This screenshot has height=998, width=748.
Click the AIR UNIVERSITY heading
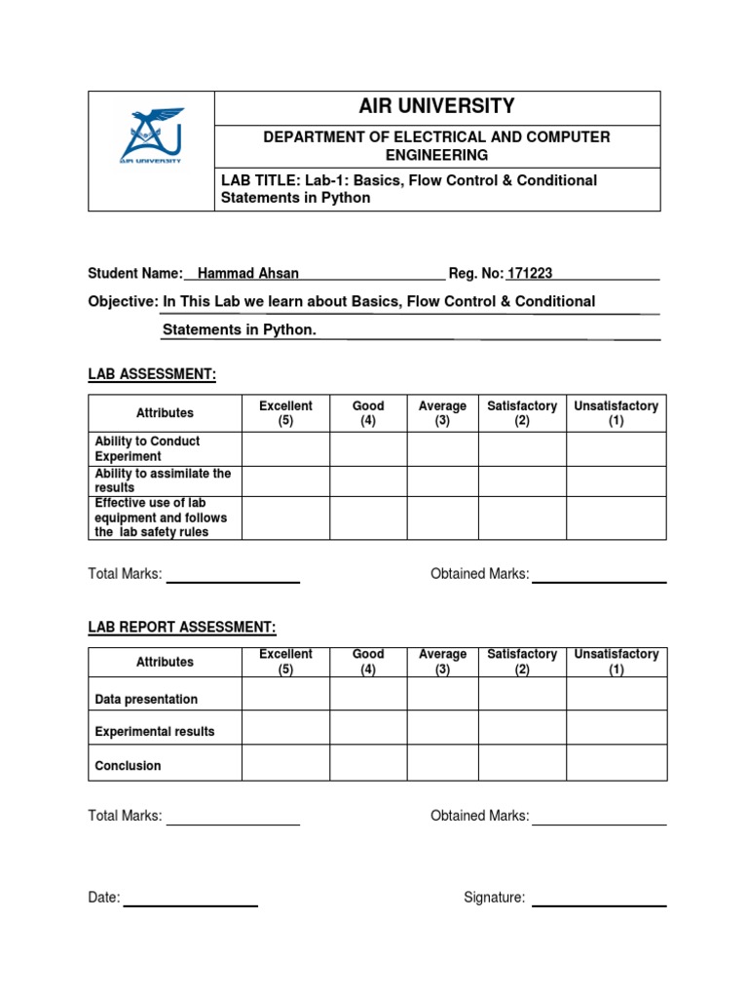click(436, 107)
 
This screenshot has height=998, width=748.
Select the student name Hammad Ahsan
click(247, 274)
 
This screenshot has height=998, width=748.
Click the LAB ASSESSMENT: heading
click(152, 374)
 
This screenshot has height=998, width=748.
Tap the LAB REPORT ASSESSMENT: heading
click(182, 627)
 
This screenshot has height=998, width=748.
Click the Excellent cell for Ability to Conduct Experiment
click(285, 449)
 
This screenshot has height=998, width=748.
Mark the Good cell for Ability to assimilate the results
click(368, 481)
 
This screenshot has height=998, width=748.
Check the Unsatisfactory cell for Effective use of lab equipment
click(616, 518)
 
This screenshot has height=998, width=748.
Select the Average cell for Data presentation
click(442, 694)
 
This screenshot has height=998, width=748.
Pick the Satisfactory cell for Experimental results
click(522, 727)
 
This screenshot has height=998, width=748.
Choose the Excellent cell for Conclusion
click(285, 762)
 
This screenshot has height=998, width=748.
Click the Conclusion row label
click(128, 766)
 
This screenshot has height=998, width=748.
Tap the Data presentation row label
click(146, 699)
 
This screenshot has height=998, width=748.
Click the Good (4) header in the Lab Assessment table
click(368, 413)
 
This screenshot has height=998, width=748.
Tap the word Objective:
click(123, 302)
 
